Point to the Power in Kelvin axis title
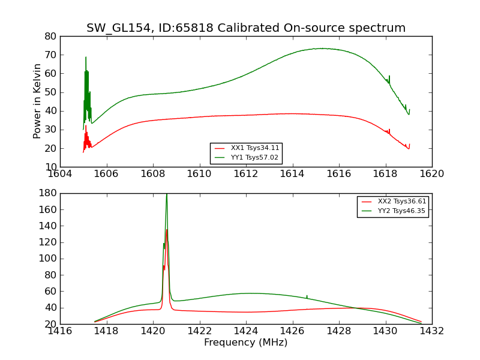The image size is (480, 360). [38, 101]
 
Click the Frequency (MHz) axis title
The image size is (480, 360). [245, 343]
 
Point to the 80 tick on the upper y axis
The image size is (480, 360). [50, 36]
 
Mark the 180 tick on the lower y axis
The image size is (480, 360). [48, 193]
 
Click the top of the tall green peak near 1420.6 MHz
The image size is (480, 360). [166, 194]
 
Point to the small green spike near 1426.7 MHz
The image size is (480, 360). [307, 296]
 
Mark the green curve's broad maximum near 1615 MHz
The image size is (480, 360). [322, 48]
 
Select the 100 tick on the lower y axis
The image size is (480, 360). [48, 259]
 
